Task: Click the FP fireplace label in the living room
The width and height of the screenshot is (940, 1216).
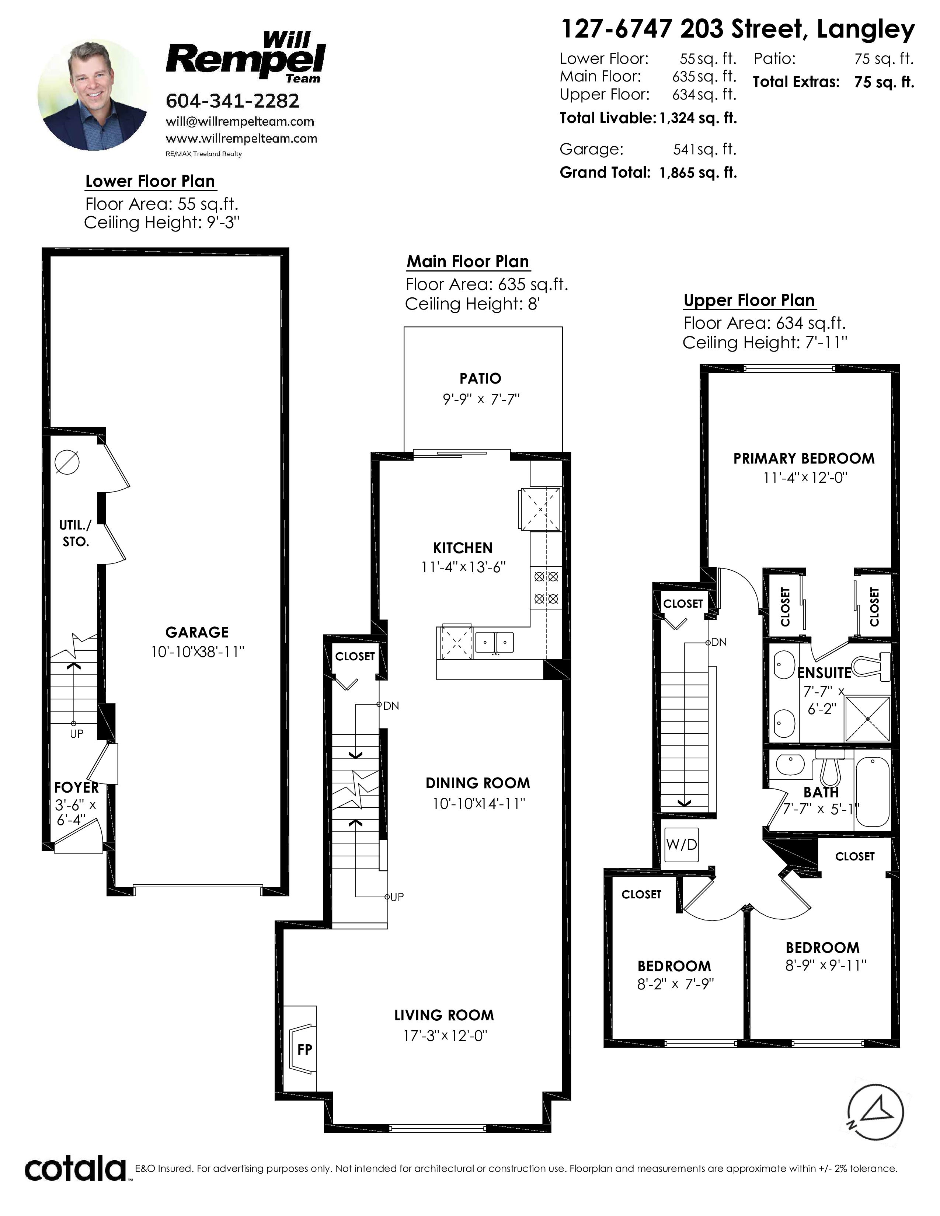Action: pyautogui.click(x=304, y=1049)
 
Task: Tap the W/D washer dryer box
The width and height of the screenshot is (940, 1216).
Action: pyautogui.click(x=682, y=845)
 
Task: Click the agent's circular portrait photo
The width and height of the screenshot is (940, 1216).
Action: pyautogui.click(x=93, y=95)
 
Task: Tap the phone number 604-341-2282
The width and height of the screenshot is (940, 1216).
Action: pyautogui.click(x=232, y=101)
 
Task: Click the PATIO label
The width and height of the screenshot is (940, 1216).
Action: pyautogui.click(x=480, y=378)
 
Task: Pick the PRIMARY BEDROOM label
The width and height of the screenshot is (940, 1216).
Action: pyautogui.click(x=804, y=459)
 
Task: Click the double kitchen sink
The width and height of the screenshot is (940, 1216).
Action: pyautogui.click(x=494, y=642)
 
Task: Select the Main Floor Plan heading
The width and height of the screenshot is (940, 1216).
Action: pyautogui.click(x=468, y=262)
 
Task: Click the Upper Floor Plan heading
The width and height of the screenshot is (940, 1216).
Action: pyautogui.click(x=749, y=301)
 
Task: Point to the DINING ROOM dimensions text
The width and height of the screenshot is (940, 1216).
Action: pyautogui.click(x=479, y=803)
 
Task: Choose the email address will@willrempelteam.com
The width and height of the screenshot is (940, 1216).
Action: pyautogui.click(x=240, y=121)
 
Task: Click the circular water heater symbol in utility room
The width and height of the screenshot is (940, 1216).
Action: pyautogui.click(x=67, y=462)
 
